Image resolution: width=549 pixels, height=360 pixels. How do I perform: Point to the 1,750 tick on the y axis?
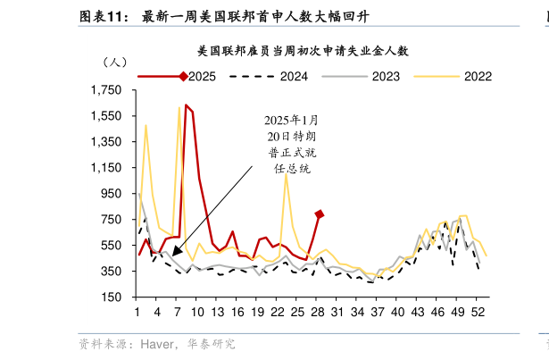tap(106, 91)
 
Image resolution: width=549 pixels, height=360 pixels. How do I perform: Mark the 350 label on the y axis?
tap(112, 271)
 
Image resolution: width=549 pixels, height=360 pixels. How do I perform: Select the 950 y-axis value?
tap(112, 194)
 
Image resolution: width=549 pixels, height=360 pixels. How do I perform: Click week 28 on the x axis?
tap(317, 312)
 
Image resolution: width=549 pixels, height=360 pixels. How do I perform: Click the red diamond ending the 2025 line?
tap(319, 214)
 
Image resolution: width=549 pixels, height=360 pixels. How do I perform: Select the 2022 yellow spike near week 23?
tap(286, 174)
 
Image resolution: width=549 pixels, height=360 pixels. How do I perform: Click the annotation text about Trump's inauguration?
tap(291, 144)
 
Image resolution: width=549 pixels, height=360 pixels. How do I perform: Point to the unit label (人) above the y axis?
tap(115, 63)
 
